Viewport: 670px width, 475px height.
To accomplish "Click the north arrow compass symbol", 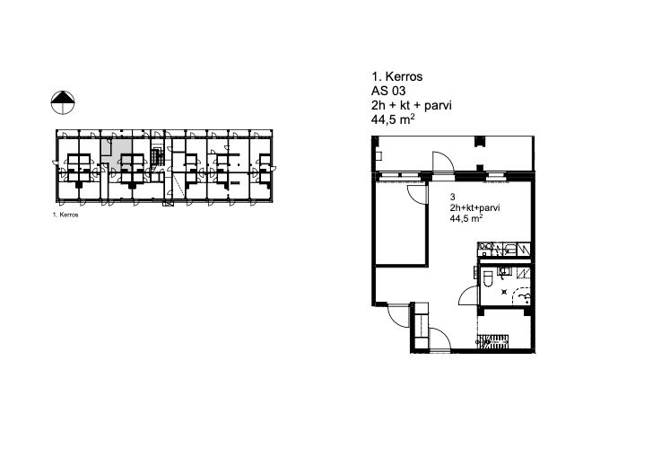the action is [63, 102].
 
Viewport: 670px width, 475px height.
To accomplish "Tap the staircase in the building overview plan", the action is [157, 156].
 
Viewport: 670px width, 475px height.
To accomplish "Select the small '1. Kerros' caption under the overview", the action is [65, 215].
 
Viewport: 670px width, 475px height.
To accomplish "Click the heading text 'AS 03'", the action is [388, 92].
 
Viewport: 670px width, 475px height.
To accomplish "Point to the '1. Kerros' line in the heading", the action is [397, 76].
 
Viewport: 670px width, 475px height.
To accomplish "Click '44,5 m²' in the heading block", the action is [393, 119].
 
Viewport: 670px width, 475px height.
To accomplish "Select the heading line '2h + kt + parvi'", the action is [412, 105].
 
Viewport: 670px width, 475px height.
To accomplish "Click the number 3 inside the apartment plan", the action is [453, 198].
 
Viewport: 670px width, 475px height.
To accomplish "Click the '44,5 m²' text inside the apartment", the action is [466, 219].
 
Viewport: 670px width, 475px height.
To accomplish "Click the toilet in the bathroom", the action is [488, 277].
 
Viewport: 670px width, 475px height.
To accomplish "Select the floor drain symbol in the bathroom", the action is [504, 293].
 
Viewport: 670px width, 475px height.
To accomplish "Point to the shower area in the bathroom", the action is [521, 295].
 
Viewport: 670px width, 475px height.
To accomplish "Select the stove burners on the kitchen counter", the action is [485, 247].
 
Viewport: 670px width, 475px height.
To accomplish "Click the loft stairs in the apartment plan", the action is [493, 341].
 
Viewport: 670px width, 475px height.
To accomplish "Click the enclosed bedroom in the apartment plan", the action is [401, 223].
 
